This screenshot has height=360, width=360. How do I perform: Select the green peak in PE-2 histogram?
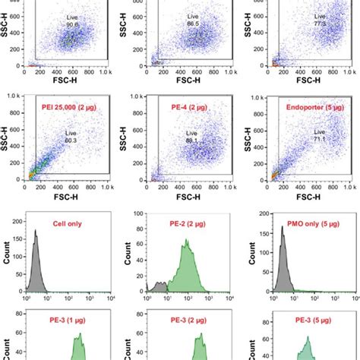pyautogui.click(x=185, y=270)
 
